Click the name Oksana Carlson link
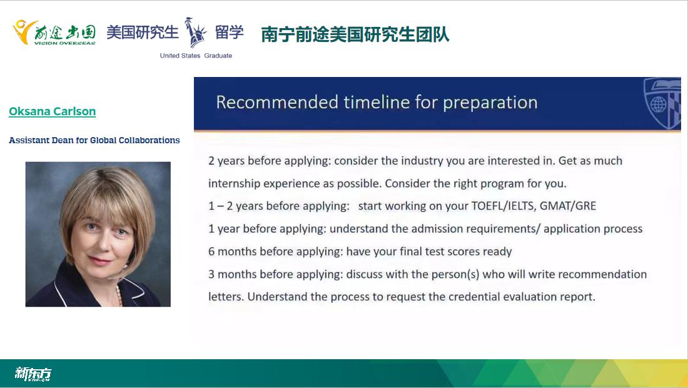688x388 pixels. pos(52,111)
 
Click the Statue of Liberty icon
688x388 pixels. pos(195,33)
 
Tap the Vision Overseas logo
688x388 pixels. pos(54,33)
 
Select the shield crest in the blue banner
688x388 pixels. pos(662,104)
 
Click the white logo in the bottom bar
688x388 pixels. pos(33,374)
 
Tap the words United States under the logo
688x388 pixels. pos(180,56)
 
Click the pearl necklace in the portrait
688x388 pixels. pos(118,295)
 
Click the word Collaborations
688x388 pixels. pos(149,140)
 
